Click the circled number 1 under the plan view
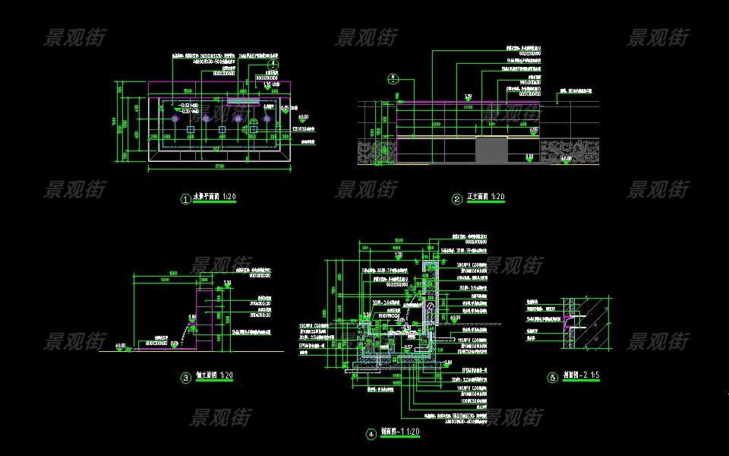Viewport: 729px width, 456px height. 185,200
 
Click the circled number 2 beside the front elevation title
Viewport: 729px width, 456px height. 457,200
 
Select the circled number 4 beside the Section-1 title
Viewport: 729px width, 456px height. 371,435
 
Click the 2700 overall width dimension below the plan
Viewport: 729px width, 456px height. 219,166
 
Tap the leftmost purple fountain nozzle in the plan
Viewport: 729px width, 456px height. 175,118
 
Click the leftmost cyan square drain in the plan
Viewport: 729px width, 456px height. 190,131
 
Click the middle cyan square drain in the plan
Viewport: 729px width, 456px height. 221,131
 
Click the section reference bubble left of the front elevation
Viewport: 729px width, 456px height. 393,77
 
